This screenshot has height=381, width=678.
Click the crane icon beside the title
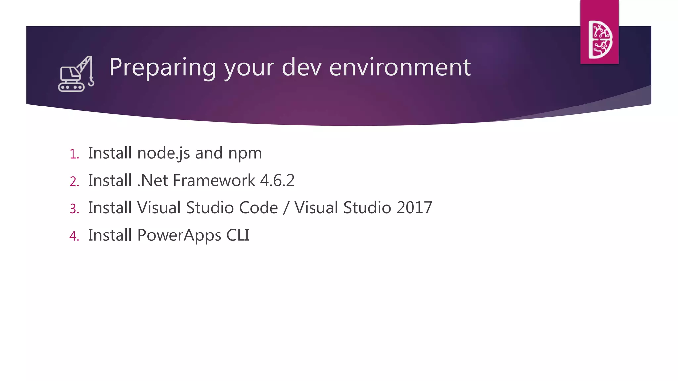click(75, 74)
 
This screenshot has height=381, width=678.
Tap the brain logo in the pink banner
click(600, 39)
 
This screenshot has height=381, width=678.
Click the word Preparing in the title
click(162, 67)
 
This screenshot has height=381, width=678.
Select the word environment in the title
click(400, 67)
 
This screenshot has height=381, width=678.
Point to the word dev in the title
click(301, 67)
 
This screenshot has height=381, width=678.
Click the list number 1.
click(74, 154)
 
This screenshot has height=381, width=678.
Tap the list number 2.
click(74, 182)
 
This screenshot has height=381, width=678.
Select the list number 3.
click(74, 209)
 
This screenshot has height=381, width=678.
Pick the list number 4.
click(74, 236)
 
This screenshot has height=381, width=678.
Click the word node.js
click(164, 153)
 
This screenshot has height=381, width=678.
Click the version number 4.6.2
click(277, 181)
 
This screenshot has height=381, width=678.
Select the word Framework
click(214, 181)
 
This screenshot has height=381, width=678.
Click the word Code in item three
click(258, 208)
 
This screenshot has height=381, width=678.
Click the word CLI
click(238, 235)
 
